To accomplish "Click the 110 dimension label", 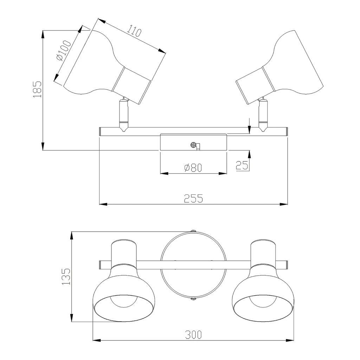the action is coord(134,31).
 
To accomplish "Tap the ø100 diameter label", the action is coord(64,51).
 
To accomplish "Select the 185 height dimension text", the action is coord(37,89).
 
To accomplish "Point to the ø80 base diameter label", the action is coord(193,168).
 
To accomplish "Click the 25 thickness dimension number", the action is coord(242,165).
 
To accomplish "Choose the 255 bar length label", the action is coord(194,199).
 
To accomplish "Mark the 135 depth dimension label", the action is coord(66,276).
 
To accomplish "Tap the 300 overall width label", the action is coord(194,335).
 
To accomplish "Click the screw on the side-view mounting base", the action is coord(194,145).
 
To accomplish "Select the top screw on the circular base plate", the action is coord(194,231).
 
